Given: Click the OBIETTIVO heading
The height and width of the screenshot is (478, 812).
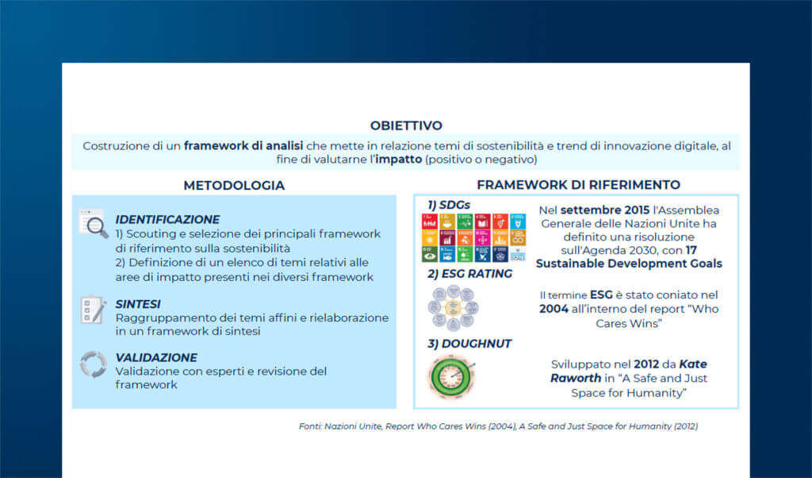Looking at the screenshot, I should click(406, 125).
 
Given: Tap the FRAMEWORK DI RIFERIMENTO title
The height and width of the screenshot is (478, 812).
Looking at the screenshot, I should click(578, 185).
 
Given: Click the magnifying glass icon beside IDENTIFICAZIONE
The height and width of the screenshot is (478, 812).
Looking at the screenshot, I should click(94, 224).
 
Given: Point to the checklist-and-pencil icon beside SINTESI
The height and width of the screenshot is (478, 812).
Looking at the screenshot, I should click(94, 309).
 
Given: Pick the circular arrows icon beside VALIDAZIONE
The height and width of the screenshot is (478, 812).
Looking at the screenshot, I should click(94, 364).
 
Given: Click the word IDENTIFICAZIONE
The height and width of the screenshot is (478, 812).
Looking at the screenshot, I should click(167, 219).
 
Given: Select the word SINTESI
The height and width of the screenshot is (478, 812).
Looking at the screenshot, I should click(138, 303).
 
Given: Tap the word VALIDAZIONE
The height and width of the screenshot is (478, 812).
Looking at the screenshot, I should click(156, 357).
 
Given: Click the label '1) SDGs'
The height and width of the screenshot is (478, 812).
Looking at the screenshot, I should click(449, 205).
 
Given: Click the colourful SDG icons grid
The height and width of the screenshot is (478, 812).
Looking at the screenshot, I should click(473, 237).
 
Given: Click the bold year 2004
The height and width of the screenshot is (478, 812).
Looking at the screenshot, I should click(553, 309).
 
